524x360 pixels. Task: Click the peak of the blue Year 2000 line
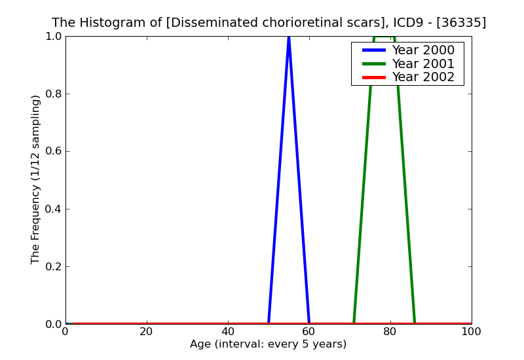click(289, 38)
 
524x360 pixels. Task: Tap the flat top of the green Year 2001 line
click(384, 37)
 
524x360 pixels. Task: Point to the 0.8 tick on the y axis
click(52, 94)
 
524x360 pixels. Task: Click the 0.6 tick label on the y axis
click(52, 152)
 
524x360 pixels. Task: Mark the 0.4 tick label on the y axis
click(52, 209)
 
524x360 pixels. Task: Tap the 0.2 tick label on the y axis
click(52, 267)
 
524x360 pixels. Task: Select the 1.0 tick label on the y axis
click(52, 37)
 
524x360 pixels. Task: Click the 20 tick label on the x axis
click(147, 332)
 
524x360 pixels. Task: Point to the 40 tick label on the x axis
click(228, 332)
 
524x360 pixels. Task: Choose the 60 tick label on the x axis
click(309, 332)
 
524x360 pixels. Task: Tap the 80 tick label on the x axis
click(390, 332)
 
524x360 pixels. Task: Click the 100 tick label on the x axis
click(471, 332)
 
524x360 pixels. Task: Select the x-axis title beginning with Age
click(268, 344)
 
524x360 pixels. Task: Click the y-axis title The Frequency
click(36, 179)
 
